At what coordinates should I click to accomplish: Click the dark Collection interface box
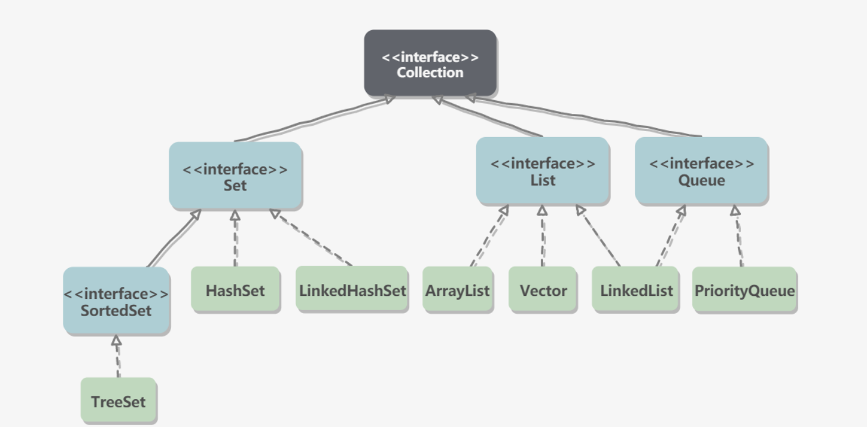point(430,63)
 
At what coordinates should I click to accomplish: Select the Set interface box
point(235,176)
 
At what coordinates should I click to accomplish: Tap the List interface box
point(542,171)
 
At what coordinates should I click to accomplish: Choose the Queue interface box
point(701,171)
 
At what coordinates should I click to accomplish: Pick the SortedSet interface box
point(116,301)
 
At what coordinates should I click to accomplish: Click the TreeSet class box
point(118,401)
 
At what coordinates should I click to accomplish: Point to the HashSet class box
point(235,290)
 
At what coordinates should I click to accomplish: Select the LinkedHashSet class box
point(352,290)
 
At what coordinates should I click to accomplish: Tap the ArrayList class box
point(457,291)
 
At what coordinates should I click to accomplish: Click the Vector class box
point(542,291)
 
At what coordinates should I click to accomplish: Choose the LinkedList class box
point(636,291)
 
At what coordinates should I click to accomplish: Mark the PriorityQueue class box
point(744,291)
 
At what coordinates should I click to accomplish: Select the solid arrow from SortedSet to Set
point(173,238)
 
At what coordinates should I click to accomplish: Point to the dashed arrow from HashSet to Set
point(235,238)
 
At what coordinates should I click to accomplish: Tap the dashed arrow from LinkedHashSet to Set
point(312,238)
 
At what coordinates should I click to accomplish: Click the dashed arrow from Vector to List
point(542,237)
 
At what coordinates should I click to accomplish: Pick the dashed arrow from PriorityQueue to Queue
point(738,237)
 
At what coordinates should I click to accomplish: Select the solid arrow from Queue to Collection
point(586,116)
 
